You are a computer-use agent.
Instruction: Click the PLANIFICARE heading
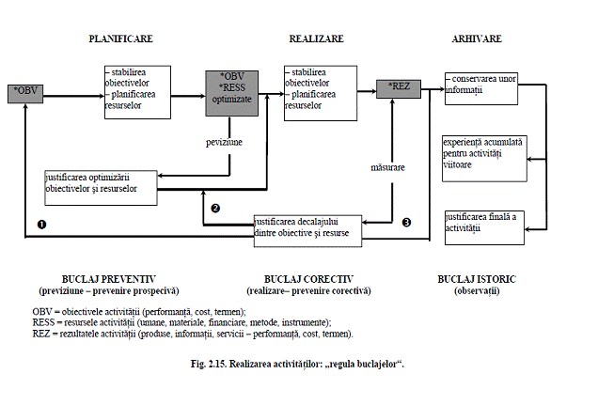coord(120,39)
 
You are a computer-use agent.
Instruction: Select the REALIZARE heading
coord(316,39)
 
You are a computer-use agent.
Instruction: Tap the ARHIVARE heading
coord(476,39)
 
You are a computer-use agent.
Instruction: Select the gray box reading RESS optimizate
coord(231,92)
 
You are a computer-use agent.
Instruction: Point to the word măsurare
coord(387,168)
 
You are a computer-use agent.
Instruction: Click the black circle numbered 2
coord(215,208)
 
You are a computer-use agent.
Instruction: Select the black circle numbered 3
coord(406,223)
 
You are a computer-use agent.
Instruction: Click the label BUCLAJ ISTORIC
coord(477,280)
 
